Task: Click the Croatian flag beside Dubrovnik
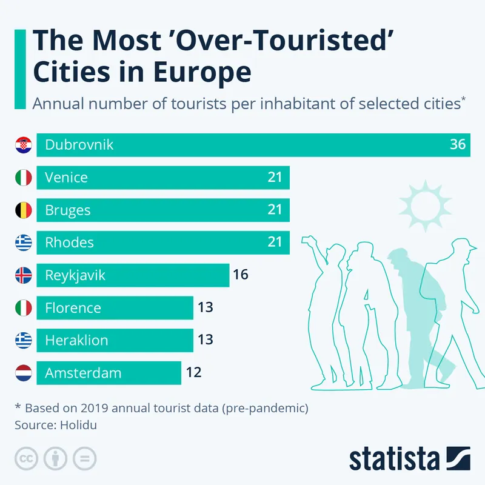(23, 145)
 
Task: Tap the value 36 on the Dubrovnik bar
(458, 145)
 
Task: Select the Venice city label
(66, 178)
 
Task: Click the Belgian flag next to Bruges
(23, 210)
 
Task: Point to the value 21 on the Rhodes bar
(275, 242)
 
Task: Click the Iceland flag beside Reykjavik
(23, 275)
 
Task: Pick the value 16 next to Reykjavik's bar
(241, 275)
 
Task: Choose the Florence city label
(73, 308)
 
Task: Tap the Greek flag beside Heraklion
(23, 340)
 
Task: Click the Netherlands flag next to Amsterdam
(23, 373)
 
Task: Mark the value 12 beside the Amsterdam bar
(193, 373)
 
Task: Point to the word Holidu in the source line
(78, 425)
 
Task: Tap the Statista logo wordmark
(394, 458)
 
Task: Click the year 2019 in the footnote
(97, 408)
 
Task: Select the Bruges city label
(68, 210)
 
